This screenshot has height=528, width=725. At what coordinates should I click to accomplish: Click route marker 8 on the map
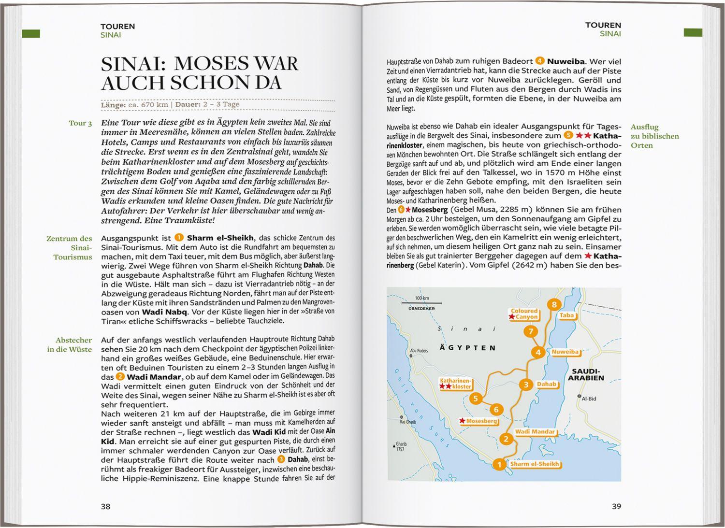[x=554, y=304]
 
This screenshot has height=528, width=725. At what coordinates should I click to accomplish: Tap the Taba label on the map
[x=566, y=315]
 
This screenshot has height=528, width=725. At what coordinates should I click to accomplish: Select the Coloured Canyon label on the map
[x=524, y=314]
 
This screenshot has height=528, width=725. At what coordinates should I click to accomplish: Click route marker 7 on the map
[x=531, y=331]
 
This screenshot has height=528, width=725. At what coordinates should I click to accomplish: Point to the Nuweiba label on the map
[x=565, y=352]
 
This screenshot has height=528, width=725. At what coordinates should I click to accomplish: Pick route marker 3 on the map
[x=526, y=385]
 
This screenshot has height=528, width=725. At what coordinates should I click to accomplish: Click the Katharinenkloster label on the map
[x=455, y=384]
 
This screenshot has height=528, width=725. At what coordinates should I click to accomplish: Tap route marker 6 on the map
[x=496, y=410]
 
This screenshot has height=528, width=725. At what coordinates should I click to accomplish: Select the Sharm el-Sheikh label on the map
[x=534, y=464]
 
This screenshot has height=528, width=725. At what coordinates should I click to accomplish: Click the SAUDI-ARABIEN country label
[x=586, y=374]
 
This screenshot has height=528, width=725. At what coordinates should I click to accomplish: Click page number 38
[x=105, y=506]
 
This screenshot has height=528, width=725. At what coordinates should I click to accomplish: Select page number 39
[x=616, y=506]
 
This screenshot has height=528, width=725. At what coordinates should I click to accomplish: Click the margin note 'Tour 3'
[x=80, y=123]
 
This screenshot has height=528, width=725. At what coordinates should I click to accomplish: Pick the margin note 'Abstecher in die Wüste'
[x=70, y=344]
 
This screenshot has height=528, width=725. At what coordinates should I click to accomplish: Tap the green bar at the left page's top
[x=31, y=33]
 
